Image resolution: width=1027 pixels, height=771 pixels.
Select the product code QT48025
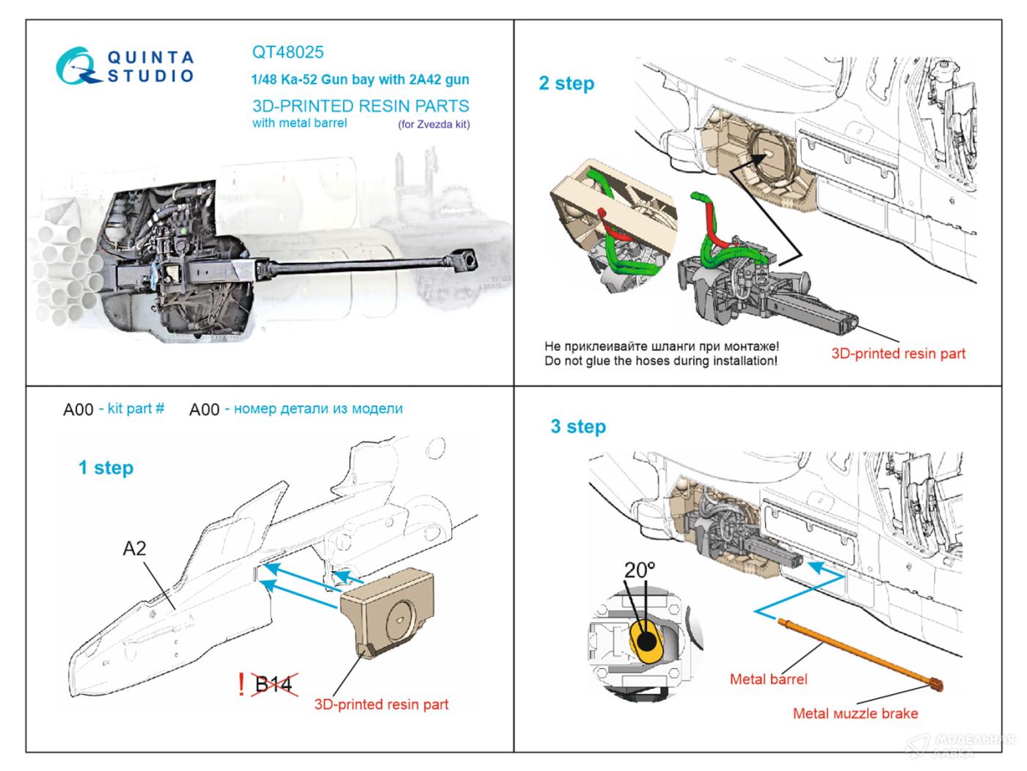288,52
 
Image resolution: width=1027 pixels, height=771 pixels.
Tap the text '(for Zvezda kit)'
434,124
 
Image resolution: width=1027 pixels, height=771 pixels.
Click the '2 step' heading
566,83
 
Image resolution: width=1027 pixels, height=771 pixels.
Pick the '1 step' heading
106,468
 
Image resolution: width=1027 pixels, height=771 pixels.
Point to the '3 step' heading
578,427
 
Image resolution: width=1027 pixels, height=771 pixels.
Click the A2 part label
134,549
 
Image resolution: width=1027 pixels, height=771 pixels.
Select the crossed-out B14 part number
274,685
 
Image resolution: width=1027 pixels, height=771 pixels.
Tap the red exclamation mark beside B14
241,684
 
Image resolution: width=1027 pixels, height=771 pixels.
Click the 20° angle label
639,570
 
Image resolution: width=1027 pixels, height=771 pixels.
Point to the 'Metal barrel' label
768,679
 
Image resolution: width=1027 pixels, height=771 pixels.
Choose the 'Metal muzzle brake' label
855,713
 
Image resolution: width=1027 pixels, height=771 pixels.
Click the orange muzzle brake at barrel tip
934,685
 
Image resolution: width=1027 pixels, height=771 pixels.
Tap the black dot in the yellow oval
647,641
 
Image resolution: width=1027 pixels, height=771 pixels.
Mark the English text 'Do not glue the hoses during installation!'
660,361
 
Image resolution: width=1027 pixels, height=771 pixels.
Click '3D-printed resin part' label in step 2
898,353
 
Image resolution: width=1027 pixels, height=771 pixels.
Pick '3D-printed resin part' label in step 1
381,704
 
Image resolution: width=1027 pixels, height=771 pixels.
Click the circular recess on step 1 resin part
400,617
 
